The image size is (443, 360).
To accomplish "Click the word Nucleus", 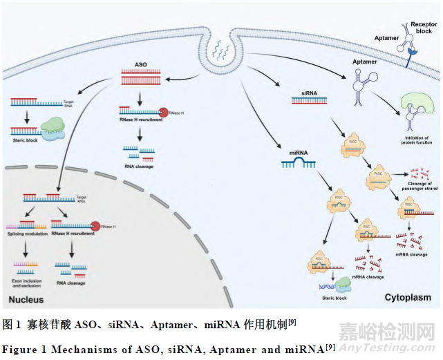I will [26, 300].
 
